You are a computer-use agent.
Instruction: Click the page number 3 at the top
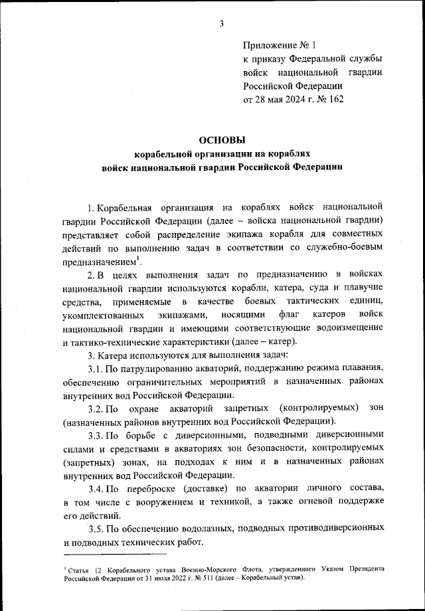(x=221, y=25)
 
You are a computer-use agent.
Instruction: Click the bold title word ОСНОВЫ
(x=222, y=140)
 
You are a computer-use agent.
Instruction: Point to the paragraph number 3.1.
(x=96, y=369)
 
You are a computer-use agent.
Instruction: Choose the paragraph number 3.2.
(x=96, y=406)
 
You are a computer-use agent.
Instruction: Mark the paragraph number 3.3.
(x=96, y=435)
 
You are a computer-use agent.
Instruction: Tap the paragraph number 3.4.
(x=96, y=488)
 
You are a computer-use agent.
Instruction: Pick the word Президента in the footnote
(x=363, y=570)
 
